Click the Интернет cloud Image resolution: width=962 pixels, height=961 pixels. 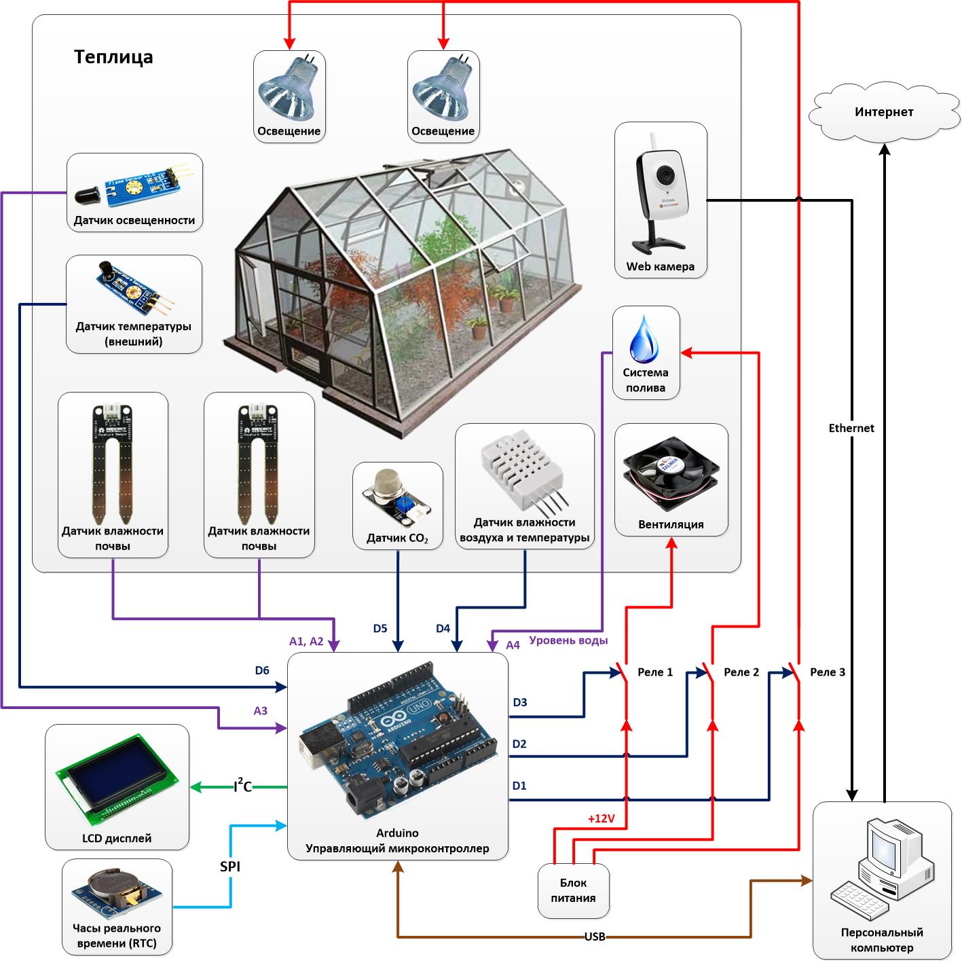click(884, 112)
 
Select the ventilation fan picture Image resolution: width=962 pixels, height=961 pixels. click(670, 471)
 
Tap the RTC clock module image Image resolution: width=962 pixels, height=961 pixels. click(116, 890)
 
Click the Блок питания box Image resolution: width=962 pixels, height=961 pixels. click(574, 890)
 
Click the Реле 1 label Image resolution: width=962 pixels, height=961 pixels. click(655, 672)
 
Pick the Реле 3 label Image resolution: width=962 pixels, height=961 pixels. click(828, 672)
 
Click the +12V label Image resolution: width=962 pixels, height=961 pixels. click(601, 819)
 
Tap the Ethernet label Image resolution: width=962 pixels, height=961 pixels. click(851, 428)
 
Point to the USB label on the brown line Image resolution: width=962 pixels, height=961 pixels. click(595, 937)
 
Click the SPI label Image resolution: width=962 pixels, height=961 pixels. click(230, 867)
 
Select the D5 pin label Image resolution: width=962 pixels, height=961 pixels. click(380, 628)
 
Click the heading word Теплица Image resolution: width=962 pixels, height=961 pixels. click(113, 56)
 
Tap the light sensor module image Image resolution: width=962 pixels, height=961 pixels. click(134, 186)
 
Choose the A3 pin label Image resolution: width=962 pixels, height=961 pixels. click(261, 711)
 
